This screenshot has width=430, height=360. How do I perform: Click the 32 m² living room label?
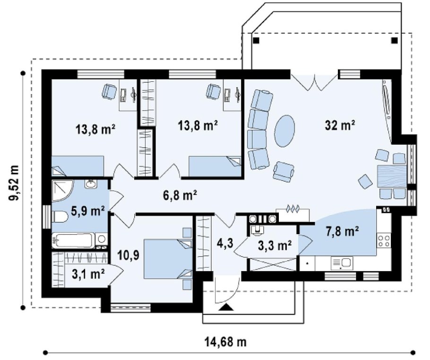click(340, 125)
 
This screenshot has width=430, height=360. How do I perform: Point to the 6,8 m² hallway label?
click(180, 195)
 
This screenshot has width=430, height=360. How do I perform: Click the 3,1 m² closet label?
click(88, 274)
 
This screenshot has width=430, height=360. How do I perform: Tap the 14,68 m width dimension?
click(225, 342)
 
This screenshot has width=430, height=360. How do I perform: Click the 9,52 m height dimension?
click(14, 183)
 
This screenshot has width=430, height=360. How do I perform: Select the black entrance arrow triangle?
click(226, 307)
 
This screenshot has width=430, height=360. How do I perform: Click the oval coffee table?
click(284, 131)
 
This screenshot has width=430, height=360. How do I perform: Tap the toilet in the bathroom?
click(60, 217)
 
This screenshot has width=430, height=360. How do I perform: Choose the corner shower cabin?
click(62, 189)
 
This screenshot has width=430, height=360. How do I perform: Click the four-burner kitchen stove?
click(384, 240)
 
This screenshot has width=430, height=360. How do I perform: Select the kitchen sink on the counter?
click(342, 263)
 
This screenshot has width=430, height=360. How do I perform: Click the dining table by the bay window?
click(391, 176)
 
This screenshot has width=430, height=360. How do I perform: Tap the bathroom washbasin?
click(91, 184)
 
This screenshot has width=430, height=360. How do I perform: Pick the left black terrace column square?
click(256, 40)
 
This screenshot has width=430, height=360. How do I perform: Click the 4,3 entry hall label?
click(226, 243)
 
